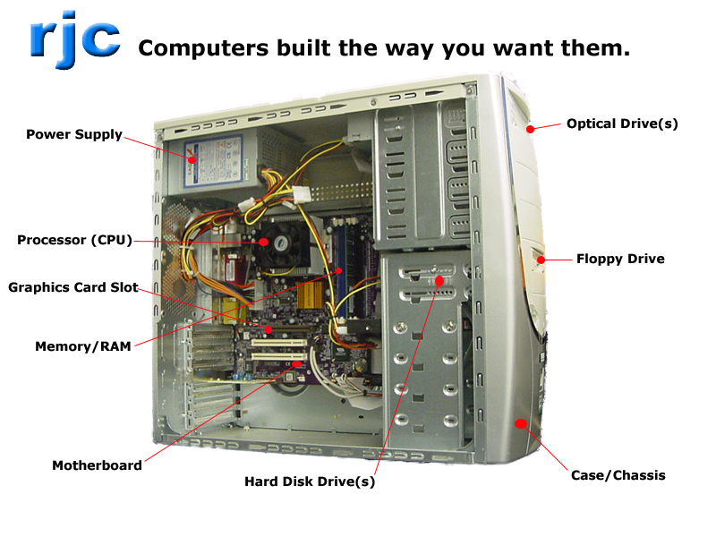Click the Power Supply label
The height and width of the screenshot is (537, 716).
coord(74,135)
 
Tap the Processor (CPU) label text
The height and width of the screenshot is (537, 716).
coord(74,240)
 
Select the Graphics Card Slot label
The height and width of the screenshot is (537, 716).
coord(73,287)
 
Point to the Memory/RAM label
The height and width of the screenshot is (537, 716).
coord(83,346)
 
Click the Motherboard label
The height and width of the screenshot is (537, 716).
coord(97,465)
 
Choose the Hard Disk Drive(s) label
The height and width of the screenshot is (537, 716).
coord(310,482)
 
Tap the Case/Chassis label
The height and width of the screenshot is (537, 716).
coord(618,475)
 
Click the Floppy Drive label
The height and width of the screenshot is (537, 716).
coord(620,259)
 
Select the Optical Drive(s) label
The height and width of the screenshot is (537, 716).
coord(622,124)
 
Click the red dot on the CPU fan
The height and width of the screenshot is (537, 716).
coord(263,242)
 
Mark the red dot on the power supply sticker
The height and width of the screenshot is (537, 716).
coord(192,160)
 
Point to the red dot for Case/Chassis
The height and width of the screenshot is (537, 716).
coord(521,423)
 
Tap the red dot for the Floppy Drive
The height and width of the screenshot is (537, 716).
coord(541,260)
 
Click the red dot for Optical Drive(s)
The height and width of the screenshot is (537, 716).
coord(530,129)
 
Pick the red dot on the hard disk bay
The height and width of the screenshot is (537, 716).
coord(439,280)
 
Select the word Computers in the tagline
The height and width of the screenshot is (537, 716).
coord(204,48)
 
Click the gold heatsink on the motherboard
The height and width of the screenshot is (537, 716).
coord(311,295)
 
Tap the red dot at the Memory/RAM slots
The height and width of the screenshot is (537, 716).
coord(339,271)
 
